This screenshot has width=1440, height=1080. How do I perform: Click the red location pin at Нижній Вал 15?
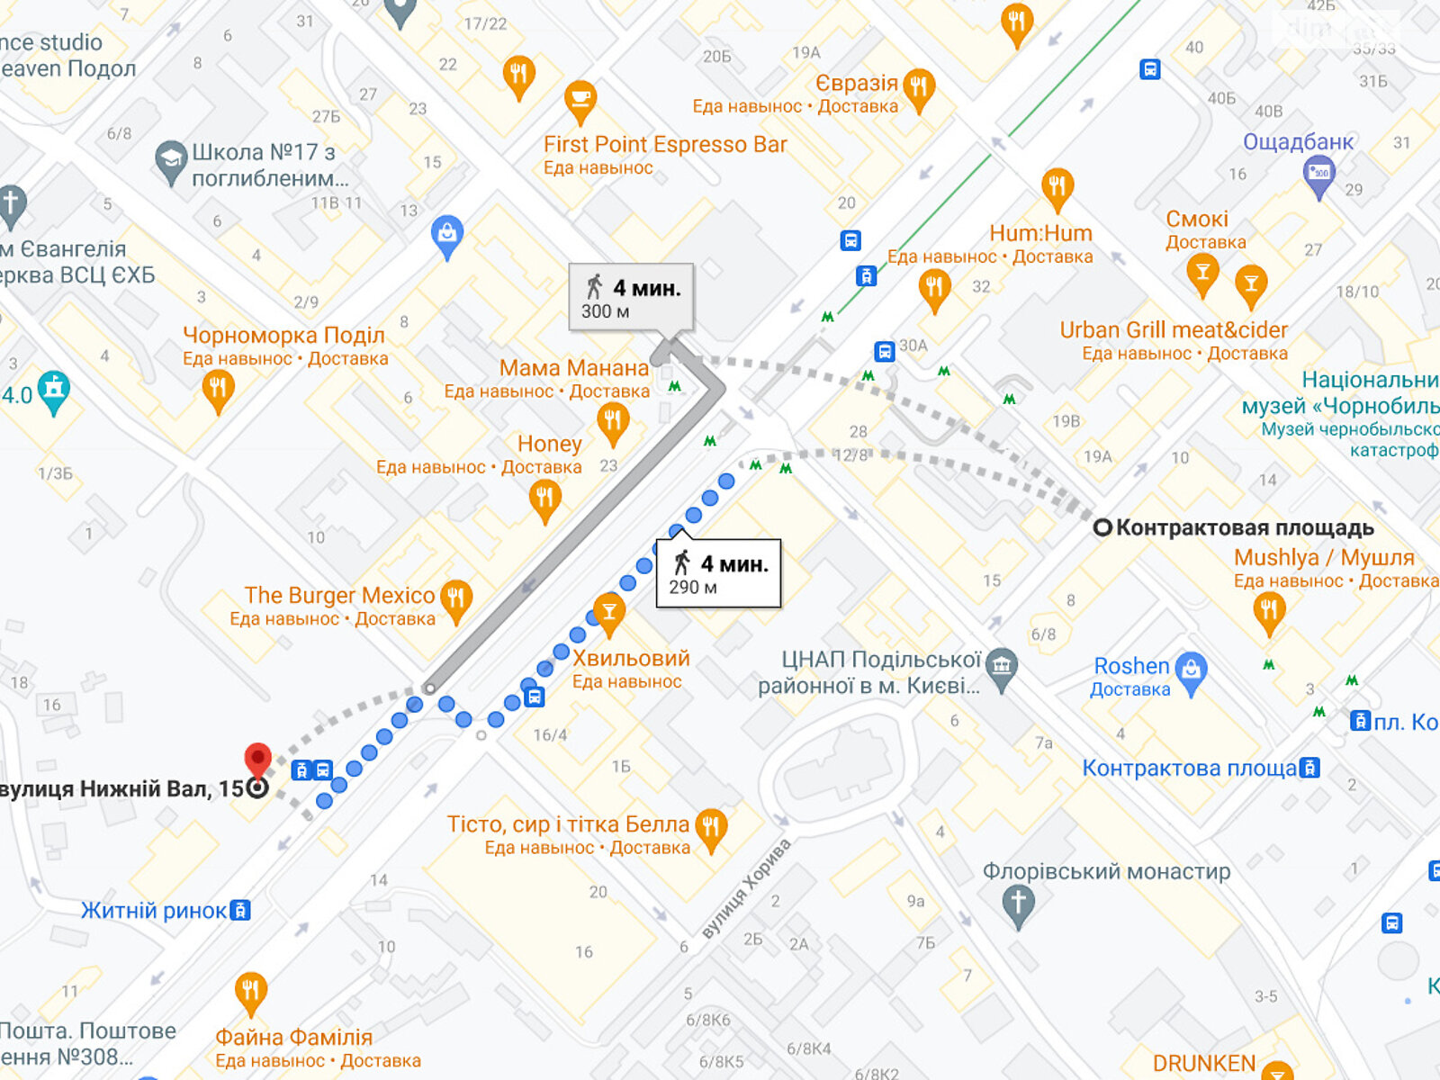(x=258, y=760)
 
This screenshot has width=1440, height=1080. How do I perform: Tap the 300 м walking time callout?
(x=631, y=298)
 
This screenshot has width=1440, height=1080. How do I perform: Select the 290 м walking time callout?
(x=718, y=574)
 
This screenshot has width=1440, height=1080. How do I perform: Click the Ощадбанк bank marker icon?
(x=1318, y=175)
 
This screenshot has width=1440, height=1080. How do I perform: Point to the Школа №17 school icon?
(x=171, y=163)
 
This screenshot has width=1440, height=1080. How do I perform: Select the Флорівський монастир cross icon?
(x=1018, y=903)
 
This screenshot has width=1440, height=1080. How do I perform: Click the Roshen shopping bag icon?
(x=1192, y=671)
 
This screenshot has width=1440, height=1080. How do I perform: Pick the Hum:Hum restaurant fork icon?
(x=1057, y=188)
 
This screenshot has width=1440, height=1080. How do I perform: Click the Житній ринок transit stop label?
(x=154, y=911)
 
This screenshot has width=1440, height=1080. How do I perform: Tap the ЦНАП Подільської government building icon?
(x=1002, y=668)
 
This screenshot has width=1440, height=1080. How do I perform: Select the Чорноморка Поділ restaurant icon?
(x=218, y=390)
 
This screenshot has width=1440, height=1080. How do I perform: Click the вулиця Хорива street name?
(x=747, y=889)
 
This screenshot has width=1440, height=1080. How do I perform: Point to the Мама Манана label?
(x=574, y=368)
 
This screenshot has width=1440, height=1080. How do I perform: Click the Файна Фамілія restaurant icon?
(x=251, y=993)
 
